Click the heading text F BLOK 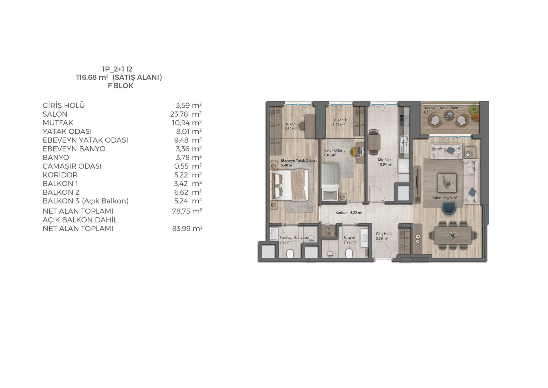120,86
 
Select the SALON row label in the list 55,114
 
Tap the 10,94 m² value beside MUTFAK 187,123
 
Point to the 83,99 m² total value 187,228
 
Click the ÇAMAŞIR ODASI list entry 72,166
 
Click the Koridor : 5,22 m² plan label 349,213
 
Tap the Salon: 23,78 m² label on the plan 444,198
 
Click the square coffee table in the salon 447,183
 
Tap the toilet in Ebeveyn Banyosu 290,253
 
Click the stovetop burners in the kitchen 404,120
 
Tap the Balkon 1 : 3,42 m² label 340,122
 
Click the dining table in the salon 453,235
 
